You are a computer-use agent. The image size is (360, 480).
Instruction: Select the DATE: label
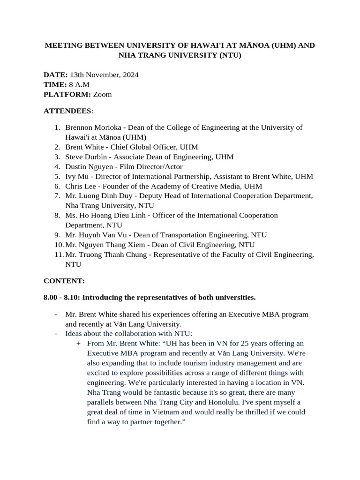pos(56,75)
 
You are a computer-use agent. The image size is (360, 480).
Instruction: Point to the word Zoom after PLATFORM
pos(102,94)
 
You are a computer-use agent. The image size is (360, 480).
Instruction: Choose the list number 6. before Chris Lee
pos(57,186)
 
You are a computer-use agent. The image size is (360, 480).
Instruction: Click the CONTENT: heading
pos(64,281)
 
